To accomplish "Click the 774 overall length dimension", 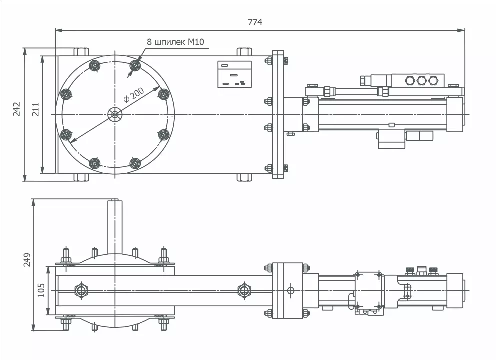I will [x=255, y=22].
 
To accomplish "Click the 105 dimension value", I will [x=41, y=290].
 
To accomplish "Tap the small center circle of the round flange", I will [x=115, y=114].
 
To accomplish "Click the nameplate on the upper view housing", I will [x=234, y=74].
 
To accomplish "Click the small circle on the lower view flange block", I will [x=291, y=290].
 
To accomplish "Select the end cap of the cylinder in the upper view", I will [x=455, y=115].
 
